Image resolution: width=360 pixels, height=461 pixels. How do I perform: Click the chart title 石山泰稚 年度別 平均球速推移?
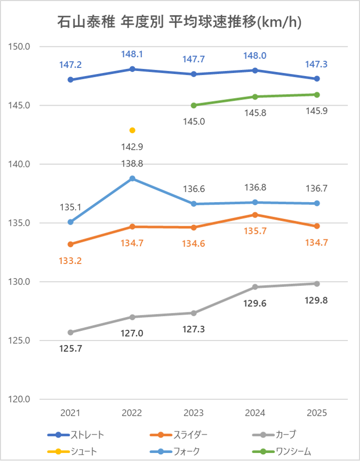pos(180,22)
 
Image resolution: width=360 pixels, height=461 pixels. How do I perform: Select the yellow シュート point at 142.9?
pos(132,130)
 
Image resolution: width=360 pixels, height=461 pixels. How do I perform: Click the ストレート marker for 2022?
pos(132,69)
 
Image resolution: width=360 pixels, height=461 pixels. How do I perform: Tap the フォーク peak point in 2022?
pos(132,178)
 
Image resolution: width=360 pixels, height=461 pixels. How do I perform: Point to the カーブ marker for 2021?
pos(70,332)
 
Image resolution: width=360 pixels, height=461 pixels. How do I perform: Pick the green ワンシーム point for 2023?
pos(194,105)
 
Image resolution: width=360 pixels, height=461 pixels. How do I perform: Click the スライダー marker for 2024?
pos(255,215)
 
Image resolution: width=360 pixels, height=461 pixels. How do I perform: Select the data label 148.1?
pos(132,54)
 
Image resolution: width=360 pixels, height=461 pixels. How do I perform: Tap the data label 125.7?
pos(70,349)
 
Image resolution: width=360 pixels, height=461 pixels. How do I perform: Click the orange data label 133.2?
pos(70,260)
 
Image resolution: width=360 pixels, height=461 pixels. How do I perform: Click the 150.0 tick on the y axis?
pos(21,46)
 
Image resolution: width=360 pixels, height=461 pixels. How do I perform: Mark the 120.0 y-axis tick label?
pos(21,399)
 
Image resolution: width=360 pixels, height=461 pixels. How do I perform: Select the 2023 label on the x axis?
pos(194,413)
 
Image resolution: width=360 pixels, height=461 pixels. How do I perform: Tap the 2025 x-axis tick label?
pos(317,413)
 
